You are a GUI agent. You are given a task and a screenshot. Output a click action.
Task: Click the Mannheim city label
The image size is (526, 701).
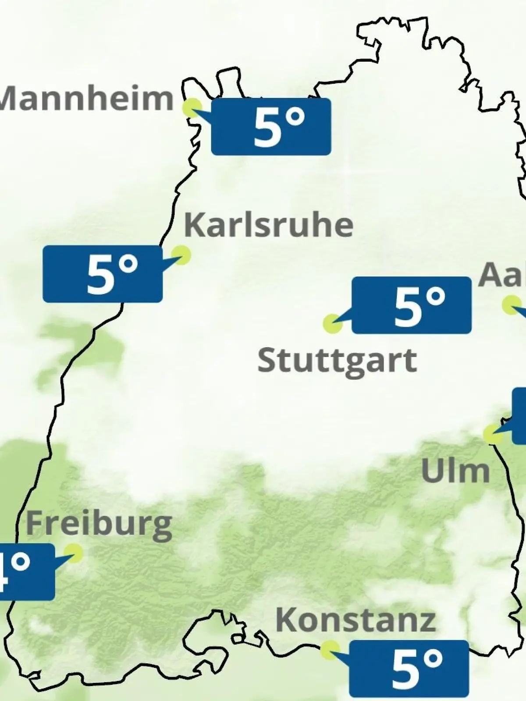point(87,99)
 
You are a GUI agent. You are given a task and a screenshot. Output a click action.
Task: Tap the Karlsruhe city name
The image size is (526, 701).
point(268,225)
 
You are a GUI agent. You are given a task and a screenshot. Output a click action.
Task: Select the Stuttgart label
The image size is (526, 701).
point(337,361)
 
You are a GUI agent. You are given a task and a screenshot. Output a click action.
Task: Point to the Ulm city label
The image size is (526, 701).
point(455,471)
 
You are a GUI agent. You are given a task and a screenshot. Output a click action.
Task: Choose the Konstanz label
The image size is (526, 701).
point(355,620)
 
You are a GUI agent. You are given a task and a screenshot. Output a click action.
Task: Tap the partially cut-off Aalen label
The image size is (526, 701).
point(502,275)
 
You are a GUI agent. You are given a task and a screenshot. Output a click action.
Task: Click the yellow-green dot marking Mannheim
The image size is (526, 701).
point(192,107)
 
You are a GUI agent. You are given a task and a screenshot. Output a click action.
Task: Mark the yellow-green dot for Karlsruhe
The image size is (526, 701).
point(181,254)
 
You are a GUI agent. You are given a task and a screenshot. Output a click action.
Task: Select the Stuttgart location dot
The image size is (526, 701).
point(332,324)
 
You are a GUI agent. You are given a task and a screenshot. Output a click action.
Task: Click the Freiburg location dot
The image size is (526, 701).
point(73,553)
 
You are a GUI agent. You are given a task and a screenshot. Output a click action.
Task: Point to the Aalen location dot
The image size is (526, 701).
point(511,304)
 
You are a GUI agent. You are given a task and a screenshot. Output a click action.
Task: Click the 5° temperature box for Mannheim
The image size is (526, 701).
point(271,127)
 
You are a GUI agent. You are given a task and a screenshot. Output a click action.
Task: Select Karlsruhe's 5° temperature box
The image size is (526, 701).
point(103,274)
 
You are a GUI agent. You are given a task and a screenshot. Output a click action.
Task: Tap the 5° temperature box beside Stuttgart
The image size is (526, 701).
point(411,305)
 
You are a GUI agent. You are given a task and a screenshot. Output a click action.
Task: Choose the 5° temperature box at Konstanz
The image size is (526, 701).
point(409,669)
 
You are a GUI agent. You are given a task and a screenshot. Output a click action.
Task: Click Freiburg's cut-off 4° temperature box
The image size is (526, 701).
point(26,572)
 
